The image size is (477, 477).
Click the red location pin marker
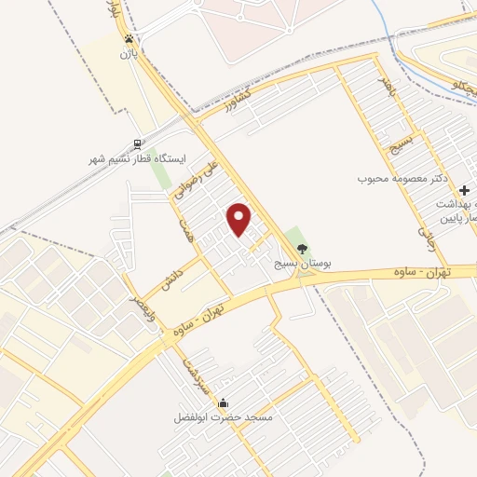click(240, 220)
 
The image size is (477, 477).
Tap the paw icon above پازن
click(129, 39)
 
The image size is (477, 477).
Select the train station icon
click(138, 144)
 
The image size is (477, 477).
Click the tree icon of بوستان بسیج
click(301, 248)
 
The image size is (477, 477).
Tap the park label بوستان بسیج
click(302, 265)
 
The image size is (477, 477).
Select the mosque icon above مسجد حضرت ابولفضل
click(224, 403)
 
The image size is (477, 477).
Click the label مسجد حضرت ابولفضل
click(223, 418)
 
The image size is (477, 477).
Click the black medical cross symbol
click(464, 189)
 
